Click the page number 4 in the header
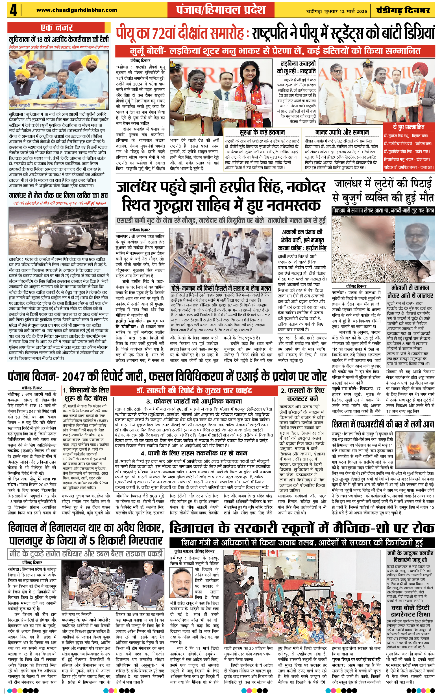coord(13,11)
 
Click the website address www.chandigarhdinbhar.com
coord(77,10)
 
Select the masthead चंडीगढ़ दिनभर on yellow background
coord(403,11)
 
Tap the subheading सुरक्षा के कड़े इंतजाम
coord(262,132)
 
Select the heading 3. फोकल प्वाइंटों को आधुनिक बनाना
coord(194,401)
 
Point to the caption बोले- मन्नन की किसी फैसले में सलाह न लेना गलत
coord(221,288)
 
